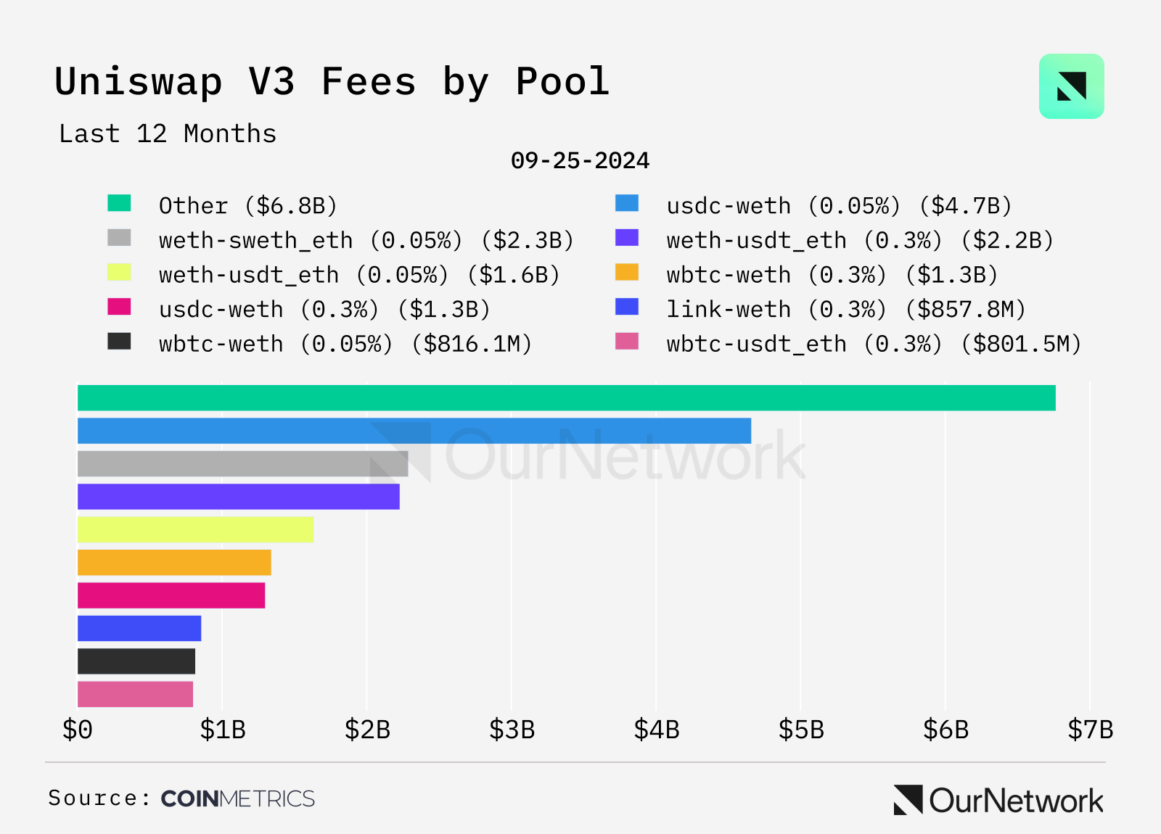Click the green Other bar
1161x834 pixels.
pos(566,398)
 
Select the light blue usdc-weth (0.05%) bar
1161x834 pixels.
pos(414,431)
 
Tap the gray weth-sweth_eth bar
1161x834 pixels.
pos(242,464)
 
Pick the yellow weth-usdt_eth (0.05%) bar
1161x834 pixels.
pos(195,529)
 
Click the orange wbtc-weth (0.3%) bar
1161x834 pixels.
pos(174,563)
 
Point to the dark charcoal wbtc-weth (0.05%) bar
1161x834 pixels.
pos(136,661)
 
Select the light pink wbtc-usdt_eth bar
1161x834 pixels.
pos(135,694)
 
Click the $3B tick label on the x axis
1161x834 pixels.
pos(512,730)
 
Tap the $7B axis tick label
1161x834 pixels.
pos(1090,730)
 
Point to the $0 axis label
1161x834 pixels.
pos(78,730)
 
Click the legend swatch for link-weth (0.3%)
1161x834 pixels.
pos(627,307)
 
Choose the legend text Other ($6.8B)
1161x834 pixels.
pos(248,206)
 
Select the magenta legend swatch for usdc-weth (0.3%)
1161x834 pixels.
pos(119,307)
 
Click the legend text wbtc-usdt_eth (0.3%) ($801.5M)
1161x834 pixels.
pos(874,344)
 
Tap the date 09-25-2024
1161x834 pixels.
pos(580,160)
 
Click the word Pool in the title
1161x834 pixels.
pos(562,81)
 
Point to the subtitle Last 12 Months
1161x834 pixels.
pos(168,134)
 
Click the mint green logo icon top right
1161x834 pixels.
pos(1071,86)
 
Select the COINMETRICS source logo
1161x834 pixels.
pos(237,798)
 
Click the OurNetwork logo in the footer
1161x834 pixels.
pos(998,801)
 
